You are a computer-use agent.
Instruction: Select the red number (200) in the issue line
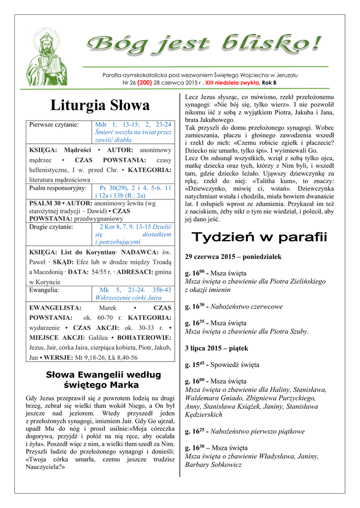click(144, 82)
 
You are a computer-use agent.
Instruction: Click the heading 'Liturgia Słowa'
click(100, 105)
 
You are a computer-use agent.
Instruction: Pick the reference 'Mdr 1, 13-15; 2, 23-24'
click(133, 125)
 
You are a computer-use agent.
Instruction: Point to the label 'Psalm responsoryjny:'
click(58, 189)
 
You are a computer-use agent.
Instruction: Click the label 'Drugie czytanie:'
click(51, 227)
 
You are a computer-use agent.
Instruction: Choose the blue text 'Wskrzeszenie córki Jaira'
click(133, 298)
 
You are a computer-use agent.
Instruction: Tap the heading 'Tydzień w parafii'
click(260, 237)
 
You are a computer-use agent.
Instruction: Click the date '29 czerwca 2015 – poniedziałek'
click(233, 257)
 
